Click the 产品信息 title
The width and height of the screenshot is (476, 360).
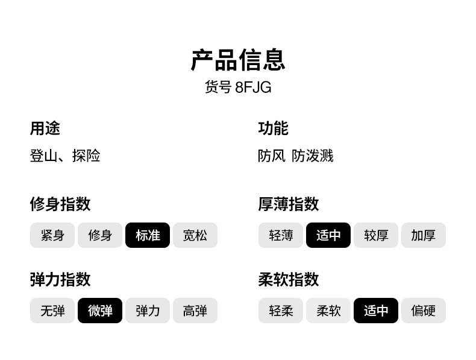[x=238, y=60]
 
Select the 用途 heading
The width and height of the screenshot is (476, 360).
[x=45, y=128]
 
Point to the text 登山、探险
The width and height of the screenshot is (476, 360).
[x=65, y=156]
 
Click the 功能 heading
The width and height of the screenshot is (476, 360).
[x=273, y=128]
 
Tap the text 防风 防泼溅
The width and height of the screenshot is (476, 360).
[x=295, y=156]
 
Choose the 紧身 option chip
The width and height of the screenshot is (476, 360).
[x=52, y=235]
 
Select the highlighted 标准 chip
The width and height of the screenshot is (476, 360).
[x=148, y=235]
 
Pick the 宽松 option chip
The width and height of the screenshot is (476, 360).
[x=195, y=235]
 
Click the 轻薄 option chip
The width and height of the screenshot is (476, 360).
[x=281, y=235]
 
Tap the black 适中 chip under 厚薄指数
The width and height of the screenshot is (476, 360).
[x=328, y=235]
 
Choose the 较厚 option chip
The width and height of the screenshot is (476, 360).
[x=376, y=235]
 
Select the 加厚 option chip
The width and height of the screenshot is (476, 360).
[x=424, y=235]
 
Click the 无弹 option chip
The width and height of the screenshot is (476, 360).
[x=52, y=311]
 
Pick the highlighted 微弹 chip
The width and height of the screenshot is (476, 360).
[x=100, y=311]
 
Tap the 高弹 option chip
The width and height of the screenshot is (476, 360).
[x=195, y=311]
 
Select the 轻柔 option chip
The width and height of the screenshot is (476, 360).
[x=281, y=311]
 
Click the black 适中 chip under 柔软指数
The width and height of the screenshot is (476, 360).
[x=376, y=311]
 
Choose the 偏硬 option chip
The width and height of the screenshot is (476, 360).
[x=424, y=311]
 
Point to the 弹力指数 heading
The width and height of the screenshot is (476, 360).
[x=60, y=280]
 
